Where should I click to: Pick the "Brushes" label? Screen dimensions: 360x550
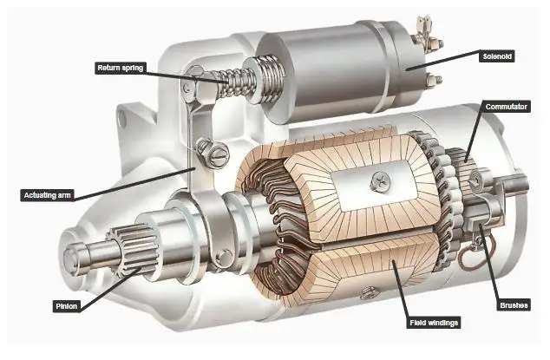(x=514, y=304)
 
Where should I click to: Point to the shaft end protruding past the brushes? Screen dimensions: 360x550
(x=519, y=184)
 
